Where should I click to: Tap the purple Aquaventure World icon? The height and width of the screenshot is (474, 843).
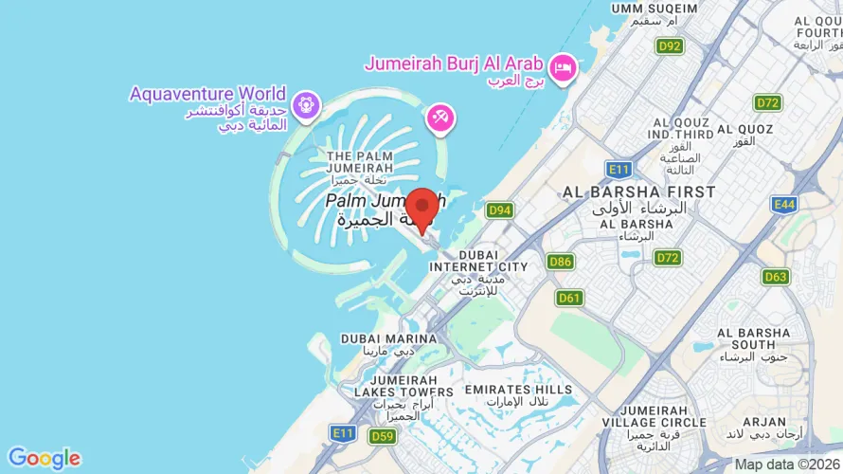[305, 105]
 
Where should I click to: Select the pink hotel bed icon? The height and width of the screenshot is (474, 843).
[564, 66]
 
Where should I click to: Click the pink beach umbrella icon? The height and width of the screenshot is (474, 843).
[439, 118]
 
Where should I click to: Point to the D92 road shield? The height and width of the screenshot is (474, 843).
[670, 46]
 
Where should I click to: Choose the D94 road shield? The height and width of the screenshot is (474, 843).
[499, 210]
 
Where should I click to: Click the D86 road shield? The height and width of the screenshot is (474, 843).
[560, 261]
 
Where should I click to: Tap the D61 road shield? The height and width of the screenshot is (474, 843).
[569, 298]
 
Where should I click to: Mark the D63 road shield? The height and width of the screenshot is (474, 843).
[776, 277]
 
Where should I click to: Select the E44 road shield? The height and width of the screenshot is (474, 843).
[784, 204]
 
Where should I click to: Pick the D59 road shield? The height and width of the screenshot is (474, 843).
[383, 436]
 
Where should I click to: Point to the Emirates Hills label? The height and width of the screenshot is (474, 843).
[518, 395]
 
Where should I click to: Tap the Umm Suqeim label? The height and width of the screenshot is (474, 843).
[653, 14]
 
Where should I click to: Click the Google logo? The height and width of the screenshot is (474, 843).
[44, 459]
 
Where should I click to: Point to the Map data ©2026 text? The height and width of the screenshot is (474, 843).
[786, 465]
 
